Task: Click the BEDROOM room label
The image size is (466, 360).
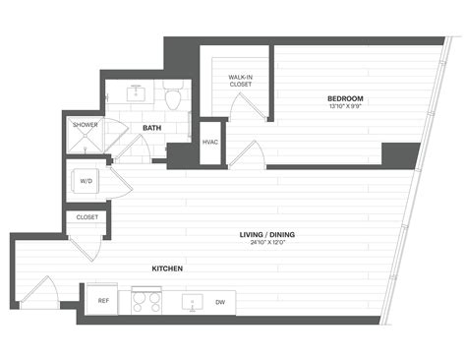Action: tap(345, 98)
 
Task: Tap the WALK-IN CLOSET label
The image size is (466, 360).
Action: tap(241, 81)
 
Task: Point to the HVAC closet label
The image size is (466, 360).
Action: tap(210, 142)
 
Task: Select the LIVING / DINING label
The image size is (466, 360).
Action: tap(267, 234)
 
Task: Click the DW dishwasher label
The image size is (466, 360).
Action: tap(220, 302)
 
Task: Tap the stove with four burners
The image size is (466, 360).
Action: tap(146, 300)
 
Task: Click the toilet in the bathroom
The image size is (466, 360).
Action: tap(175, 97)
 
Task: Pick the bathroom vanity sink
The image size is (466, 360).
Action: tap(136, 93)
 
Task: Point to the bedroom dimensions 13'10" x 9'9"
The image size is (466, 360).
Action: tap(345, 106)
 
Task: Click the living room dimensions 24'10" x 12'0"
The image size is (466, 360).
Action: tap(267, 243)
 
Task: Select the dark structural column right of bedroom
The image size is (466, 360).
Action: tap(400, 155)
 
